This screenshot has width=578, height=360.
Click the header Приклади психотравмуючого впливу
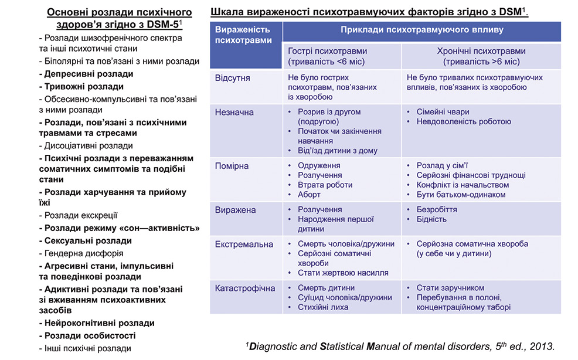tap(421, 30)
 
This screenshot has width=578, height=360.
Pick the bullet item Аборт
tap(309, 195)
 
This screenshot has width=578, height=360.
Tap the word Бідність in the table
tap(431, 219)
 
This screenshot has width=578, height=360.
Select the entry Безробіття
tap(437, 209)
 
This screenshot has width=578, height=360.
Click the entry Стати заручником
tap(450, 288)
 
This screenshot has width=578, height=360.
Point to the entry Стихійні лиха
tap(323, 307)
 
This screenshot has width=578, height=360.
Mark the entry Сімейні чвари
tap(443, 112)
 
